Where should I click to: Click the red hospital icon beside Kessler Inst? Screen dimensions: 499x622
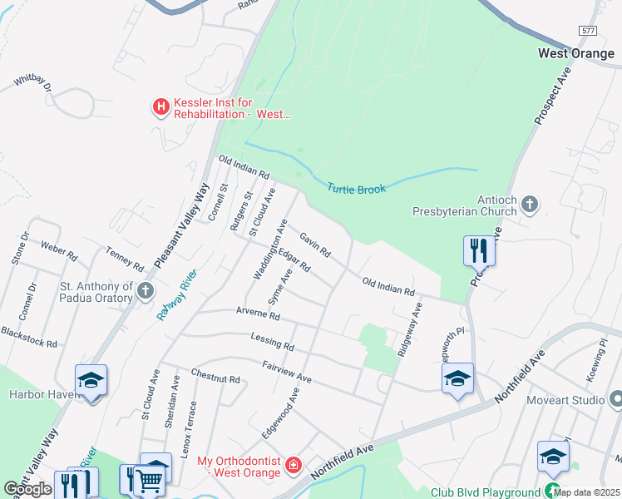160,107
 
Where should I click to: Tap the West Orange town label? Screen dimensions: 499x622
576,53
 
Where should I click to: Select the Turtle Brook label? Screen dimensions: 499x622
356,190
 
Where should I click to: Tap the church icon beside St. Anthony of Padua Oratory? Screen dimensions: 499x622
146,291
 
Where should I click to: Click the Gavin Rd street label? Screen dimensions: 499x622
316,245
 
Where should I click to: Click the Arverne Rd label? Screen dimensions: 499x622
258,316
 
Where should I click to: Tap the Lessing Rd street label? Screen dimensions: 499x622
272,339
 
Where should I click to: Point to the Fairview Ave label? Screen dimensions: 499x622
286,372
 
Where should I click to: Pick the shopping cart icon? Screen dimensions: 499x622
149,479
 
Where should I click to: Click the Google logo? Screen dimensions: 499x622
27,489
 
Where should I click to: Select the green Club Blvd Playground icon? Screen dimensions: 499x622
553,492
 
